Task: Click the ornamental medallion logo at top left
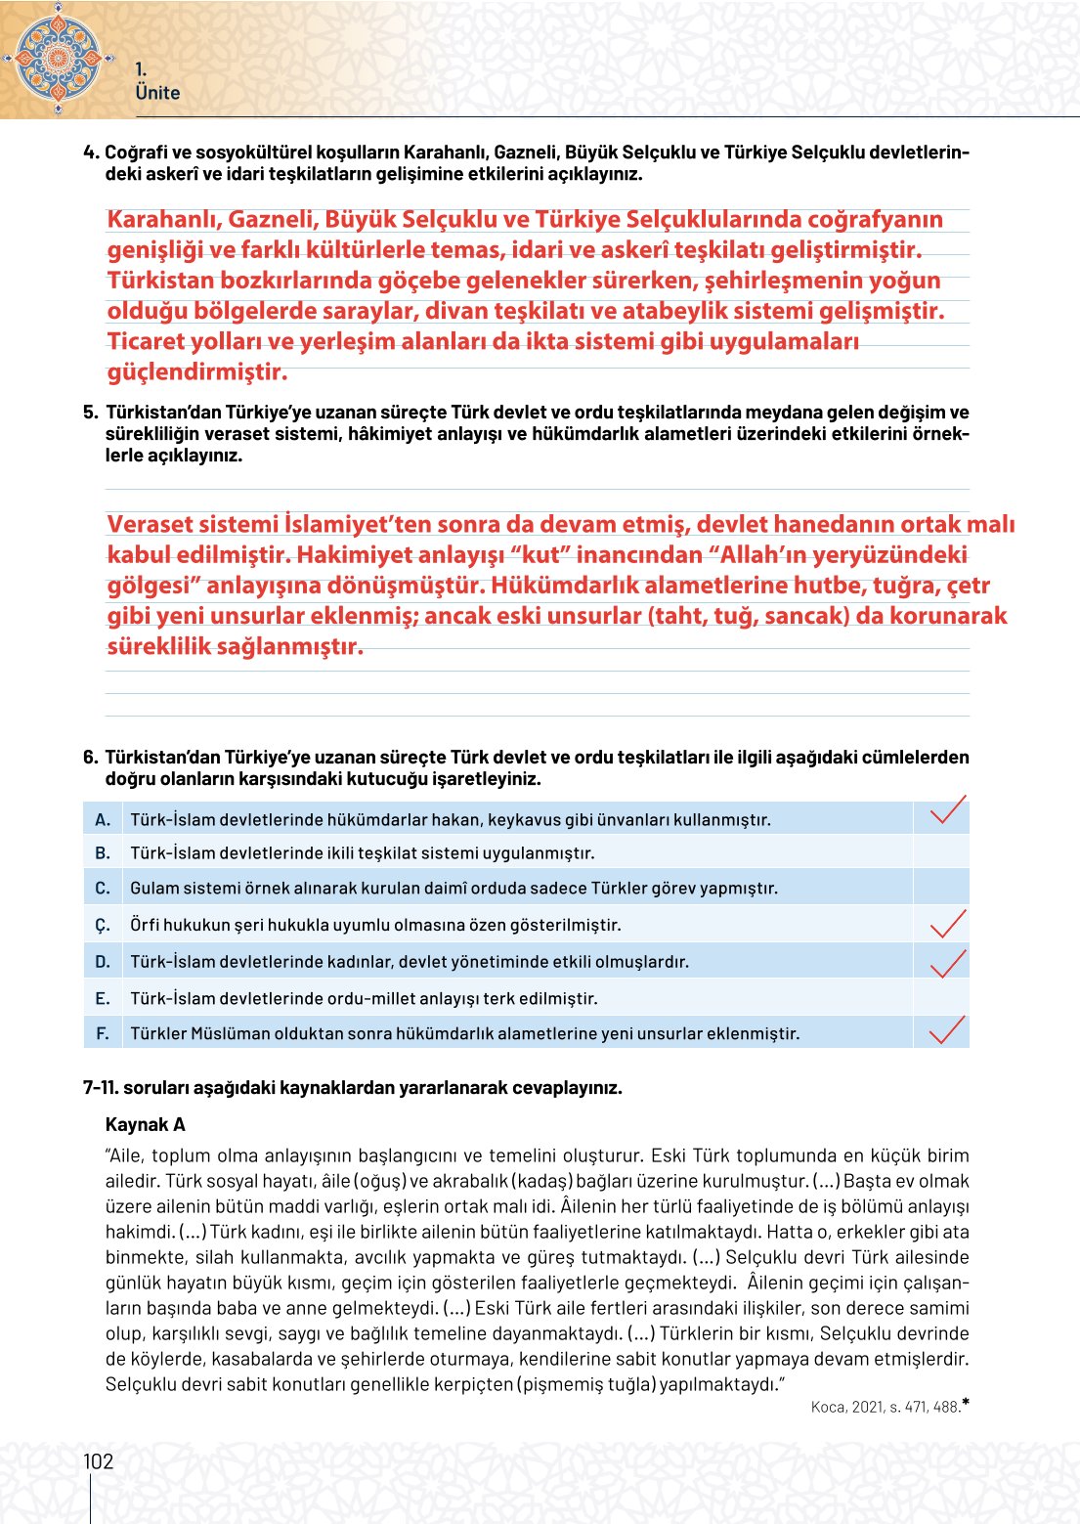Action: pos(58,58)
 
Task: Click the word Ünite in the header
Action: pos(157,93)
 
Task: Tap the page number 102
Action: pos(98,1461)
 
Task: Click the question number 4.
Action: pos(90,152)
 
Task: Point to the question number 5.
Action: pos(90,413)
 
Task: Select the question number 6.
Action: pos(90,758)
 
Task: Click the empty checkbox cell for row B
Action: pos(941,852)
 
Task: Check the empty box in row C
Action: pos(941,888)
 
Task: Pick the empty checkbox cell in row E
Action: pos(941,998)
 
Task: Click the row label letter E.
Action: pos(102,998)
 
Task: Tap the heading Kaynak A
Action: pos(145,1124)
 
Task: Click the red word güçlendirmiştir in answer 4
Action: pos(197,372)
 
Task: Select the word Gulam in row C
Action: pos(154,889)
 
